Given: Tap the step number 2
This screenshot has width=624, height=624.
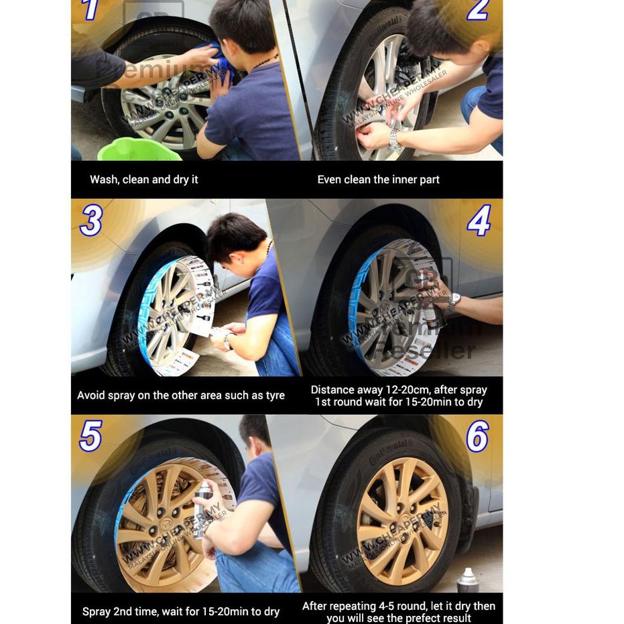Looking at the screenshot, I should click(x=478, y=9).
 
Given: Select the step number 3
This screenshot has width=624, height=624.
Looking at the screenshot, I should click(x=91, y=221).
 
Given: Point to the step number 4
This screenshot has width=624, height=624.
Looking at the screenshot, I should click(x=479, y=221).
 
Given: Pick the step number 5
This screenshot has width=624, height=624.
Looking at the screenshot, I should click(x=90, y=436).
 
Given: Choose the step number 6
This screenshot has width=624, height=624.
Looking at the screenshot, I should click(x=477, y=436).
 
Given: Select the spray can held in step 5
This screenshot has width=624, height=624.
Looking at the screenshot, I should click(x=202, y=509).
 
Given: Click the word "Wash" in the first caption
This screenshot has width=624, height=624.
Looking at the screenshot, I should click(x=104, y=180).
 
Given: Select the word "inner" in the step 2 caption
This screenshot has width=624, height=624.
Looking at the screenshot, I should click(x=401, y=180).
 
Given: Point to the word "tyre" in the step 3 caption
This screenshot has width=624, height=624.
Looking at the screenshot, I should click(x=275, y=395).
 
